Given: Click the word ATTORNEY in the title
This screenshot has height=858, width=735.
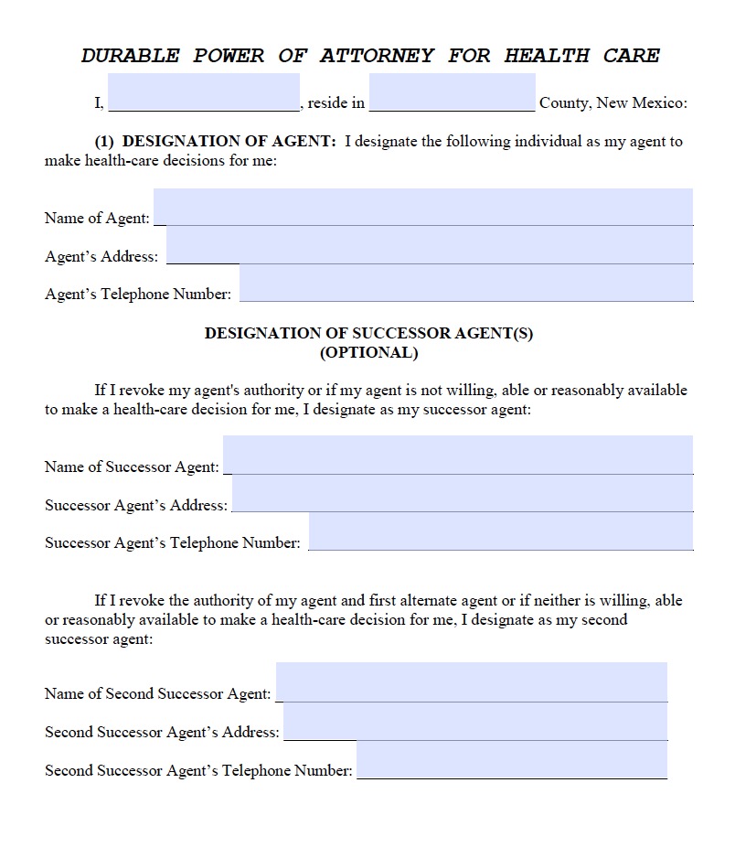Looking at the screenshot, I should point(377,55).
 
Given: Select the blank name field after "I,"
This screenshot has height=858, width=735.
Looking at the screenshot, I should point(204,92).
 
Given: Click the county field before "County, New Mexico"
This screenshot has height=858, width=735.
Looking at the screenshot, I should point(453,92).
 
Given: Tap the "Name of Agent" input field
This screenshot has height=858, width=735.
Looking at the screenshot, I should point(422,207).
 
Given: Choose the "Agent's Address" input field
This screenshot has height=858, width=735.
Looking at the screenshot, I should point(430,245).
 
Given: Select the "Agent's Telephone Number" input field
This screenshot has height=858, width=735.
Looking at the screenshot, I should point(465,283).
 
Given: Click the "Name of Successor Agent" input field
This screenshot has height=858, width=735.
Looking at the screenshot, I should point(457,455).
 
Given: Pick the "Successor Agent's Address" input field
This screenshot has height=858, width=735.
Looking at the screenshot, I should point(462,493).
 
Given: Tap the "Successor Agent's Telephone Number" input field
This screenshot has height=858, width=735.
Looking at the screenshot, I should point(500,531).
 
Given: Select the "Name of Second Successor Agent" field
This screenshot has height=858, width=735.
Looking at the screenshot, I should point(471,681).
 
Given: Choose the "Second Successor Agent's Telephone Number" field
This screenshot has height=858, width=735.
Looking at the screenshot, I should point(511,759).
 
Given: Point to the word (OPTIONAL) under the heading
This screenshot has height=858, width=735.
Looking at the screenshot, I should point(368,352).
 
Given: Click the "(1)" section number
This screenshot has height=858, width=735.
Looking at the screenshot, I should point(104,142).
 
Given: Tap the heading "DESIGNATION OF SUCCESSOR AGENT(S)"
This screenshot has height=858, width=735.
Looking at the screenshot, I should point(368,334).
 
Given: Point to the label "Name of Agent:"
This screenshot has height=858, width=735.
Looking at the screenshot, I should point(97,219).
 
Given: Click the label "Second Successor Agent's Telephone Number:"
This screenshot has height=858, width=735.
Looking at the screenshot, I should point(198,771).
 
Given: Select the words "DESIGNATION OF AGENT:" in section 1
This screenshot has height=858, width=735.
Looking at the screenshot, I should point(229,142).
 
